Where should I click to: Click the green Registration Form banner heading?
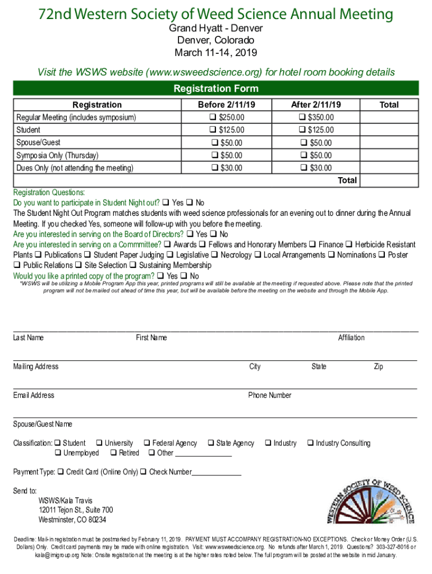point(216,89)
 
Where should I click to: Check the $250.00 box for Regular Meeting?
point(213,118)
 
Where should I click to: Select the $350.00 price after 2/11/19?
point(304,118)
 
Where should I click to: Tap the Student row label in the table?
point(28,130)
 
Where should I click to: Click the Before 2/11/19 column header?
point(226,105)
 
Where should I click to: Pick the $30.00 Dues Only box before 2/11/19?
point(213,168)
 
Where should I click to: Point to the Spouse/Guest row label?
point(39,143)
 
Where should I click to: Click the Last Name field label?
point(29,337)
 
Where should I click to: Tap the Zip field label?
point(379,367)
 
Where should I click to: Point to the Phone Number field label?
point(270,395)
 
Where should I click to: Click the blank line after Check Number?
point(217,473)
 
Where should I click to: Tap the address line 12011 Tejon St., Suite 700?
point(76,510)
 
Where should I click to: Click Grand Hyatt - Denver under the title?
point(216,28)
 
